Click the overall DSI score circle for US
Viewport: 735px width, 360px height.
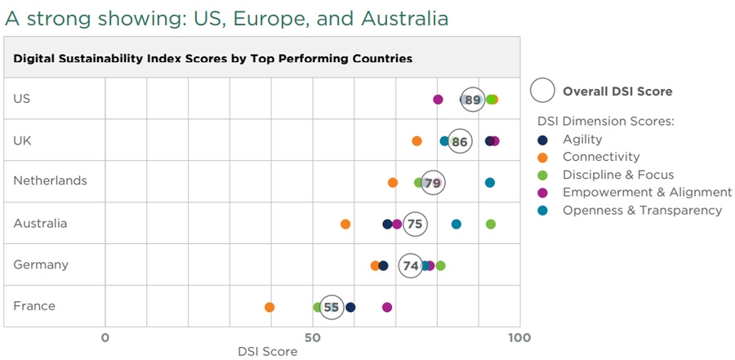click(x=472, y=100)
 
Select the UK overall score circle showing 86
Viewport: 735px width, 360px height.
click(x=460, y=141)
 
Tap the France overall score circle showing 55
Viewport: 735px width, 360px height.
click(x=331, y=307)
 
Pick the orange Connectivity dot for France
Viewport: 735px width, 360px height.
click(x=269, y=307)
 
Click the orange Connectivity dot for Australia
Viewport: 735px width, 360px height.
click(x=345, y=224)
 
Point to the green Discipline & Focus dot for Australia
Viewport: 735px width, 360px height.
click(x=491, y=224)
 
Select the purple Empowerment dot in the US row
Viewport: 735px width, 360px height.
click(x=438, y=100)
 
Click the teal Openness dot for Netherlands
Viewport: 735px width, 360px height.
click(x=490, y=182)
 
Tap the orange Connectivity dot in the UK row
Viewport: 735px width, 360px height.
click(x=416, y=141)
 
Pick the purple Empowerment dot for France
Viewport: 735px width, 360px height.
click(x=387, y=307)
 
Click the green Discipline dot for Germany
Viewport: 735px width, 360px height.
click(x=441, y=265)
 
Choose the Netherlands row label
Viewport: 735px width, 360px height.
click(x=50, y=180)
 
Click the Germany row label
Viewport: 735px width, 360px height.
click(x=41, y=264)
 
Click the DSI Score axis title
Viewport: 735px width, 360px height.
click(x=267, y=352)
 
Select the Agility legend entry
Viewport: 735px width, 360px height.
click(x=581, y=140)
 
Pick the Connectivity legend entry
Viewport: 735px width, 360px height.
click(x=600, y=157)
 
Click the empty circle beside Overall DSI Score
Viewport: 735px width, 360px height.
click(x=545, y=91)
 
